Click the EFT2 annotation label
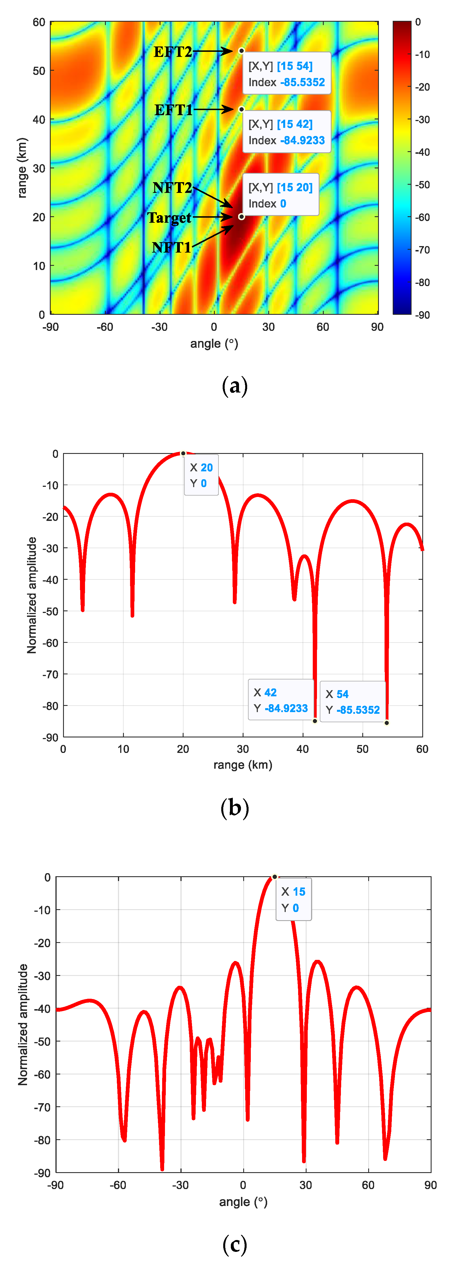(x=172, y=52)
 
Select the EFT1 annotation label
(x=173, y=110)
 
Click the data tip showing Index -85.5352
(x=286, y=73)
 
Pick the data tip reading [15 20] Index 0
(x=280, y=195)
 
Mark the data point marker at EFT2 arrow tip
(x=241, y=51)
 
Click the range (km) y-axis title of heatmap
(x=22, y=168)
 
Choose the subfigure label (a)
(x=234, y=386)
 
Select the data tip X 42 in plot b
(x=281, y=700)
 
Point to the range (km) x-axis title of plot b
(x=242, y=765)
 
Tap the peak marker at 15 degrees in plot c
(x=274, y=877)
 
